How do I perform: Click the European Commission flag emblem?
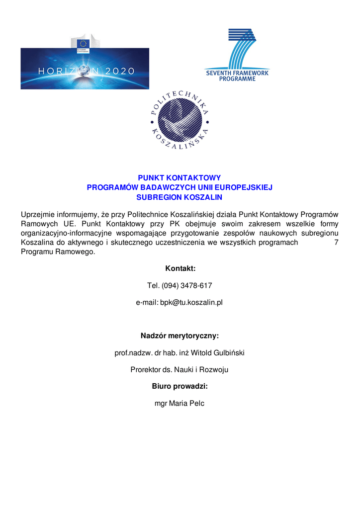point(83,44)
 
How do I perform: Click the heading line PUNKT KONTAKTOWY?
point(180,177)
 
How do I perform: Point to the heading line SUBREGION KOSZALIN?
point(180,197)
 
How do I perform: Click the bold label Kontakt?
point(180,268)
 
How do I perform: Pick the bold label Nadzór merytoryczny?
point(180,336)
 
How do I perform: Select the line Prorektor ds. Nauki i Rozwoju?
point(180,370)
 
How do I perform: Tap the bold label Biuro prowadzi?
point(180,386)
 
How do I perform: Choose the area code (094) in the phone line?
point(170,285)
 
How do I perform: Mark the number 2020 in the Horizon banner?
point(119,71)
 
